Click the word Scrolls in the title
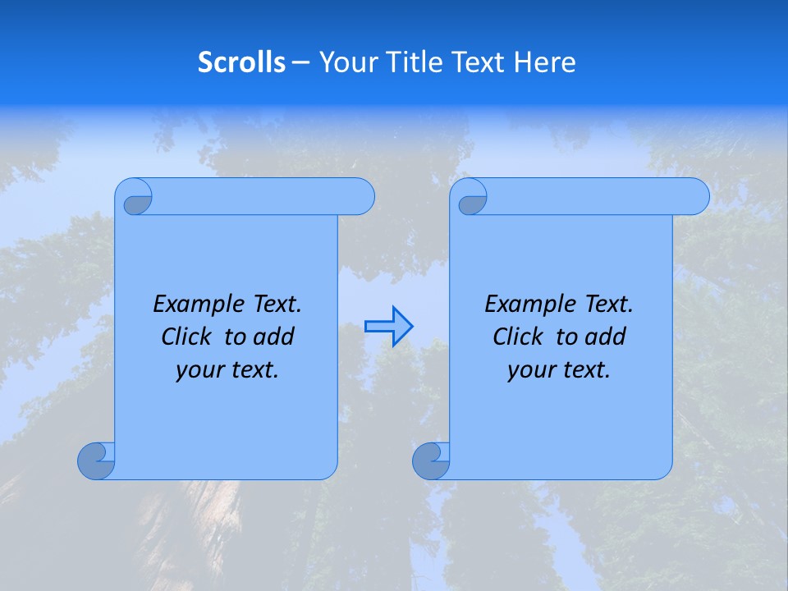pyautogui.click(x=242, y=62)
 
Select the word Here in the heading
pyautogui.click(x=544, y=62)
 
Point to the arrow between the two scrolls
pyautogui.click(x=388, y=327)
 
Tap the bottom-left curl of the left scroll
pyautogui.click(x=96, y=460)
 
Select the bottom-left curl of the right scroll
pyautogui.click(x=431, y=460)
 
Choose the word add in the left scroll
pyautogui.click(x=275, y=337)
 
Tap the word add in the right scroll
pyautogui.click(x=607, y=337)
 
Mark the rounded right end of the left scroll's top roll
pyautogui.click(x=361, y=196)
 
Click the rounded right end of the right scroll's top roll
pyautogui.click(x=696, y=196)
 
